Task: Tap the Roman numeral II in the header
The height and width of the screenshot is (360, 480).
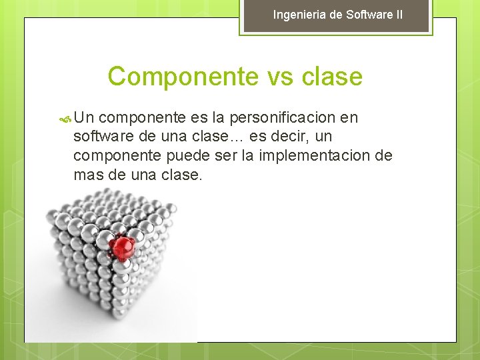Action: pos(398,15)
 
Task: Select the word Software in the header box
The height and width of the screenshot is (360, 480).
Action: pos(370,15)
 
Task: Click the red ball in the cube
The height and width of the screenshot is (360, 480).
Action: pos(122,247)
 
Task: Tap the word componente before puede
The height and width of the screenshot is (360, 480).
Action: pos(117,156)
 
